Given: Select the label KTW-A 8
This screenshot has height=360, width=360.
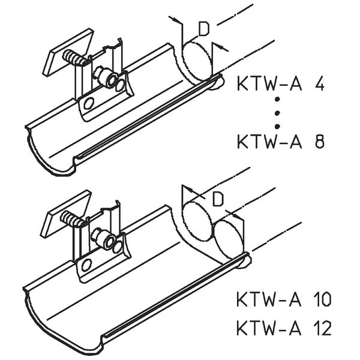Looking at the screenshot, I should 281,142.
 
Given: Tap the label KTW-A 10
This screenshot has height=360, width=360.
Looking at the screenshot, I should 284,298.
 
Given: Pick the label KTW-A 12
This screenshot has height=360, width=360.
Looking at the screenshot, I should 284,328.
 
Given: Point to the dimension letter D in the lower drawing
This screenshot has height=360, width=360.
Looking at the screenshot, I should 218,198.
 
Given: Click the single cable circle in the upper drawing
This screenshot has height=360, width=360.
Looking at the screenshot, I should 197,62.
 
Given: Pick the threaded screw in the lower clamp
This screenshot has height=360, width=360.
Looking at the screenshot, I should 77,220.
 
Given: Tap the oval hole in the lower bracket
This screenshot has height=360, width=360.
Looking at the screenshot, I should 87,265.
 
